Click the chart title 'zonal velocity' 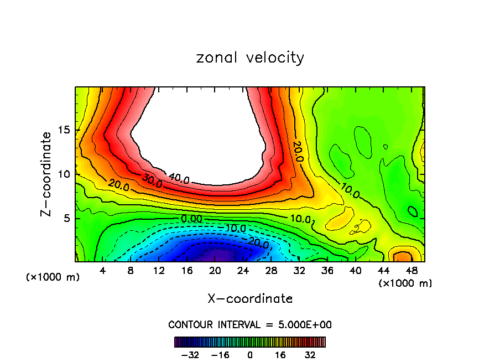tap(250, 58)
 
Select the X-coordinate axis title tap(250, 299)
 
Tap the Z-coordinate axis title tap(46, 174)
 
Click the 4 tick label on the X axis tap(102, 271)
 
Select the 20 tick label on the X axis tap(215, 271)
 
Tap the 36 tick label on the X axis tap(327, 271)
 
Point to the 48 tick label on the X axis tap(412, 271)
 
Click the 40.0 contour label tap(179, 179)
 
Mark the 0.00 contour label tap(192, 219)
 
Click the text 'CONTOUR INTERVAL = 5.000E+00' tap(250, 324)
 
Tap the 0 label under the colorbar tap(250, 355)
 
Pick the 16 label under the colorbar tap(281, 355)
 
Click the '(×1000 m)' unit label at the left tap(53, 277)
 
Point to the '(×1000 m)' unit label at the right tap(405, 283)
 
